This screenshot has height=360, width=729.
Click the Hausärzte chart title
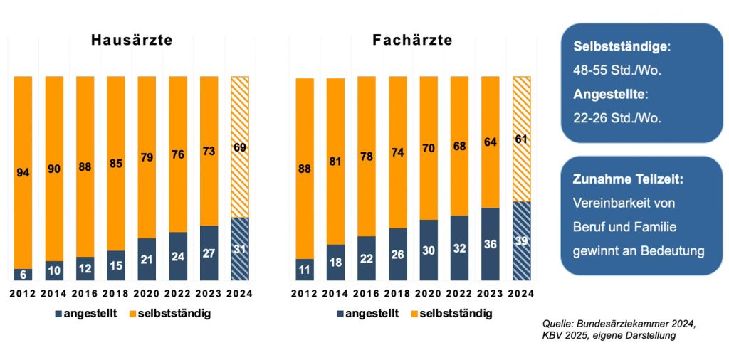(x=132, y=41)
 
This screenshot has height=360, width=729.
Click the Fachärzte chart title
(x=412, y=41)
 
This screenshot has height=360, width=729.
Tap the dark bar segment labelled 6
(x=23, y=275)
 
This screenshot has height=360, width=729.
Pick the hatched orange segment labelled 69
(x=240, y=147)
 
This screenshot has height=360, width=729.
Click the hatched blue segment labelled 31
(x=240, y=249)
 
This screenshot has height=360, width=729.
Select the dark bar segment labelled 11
(x=305, y=270)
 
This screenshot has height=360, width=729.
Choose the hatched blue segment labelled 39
(x=522, y=241)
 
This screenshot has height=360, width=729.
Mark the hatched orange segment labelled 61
(x=522, y=139)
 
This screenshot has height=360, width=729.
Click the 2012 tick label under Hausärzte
(x=23, y=293)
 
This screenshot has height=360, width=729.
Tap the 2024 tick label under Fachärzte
(x=522, y=293)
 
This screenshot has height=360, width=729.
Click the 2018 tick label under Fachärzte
(x=398, y=293)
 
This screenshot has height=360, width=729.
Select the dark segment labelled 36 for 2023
(x=491, y=244)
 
